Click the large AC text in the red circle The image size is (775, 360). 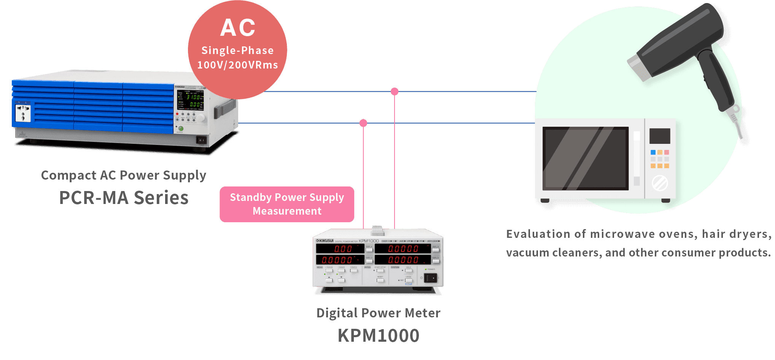238,28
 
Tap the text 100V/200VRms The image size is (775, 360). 237,65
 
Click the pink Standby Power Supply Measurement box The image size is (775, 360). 287,204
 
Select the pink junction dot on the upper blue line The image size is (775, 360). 395,91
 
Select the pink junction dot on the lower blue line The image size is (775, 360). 363,123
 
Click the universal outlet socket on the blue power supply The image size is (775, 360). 23,113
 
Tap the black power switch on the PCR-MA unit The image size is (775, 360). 201,140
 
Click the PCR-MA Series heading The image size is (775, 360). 124,198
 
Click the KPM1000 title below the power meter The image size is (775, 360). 379,336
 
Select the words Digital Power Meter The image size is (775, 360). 379,313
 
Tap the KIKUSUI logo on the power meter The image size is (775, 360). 325,241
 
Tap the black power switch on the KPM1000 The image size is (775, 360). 431,278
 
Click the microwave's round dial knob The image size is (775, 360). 660,183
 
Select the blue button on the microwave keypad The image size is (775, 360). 653,152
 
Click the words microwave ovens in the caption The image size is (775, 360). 643,234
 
